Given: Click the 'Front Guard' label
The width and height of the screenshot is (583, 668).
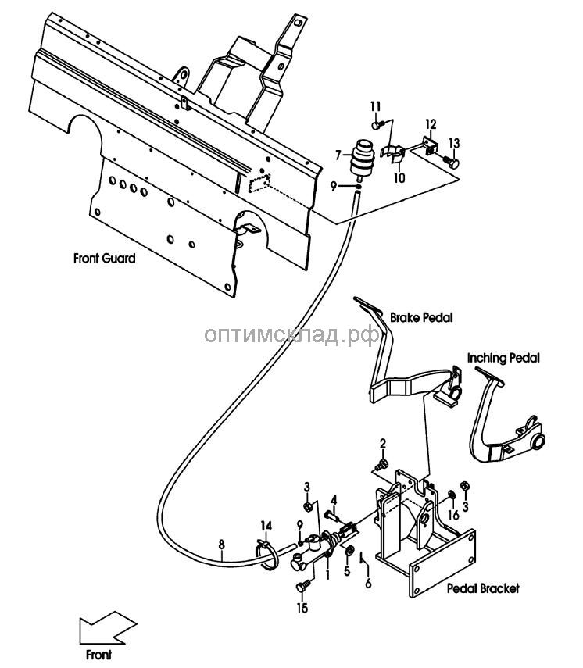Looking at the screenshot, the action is pos(105,258).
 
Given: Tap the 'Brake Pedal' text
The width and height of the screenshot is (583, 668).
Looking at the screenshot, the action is pos(421,317).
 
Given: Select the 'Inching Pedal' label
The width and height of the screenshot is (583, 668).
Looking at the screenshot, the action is pos(503,358).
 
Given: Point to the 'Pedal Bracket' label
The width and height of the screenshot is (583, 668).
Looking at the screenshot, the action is pos(483,588).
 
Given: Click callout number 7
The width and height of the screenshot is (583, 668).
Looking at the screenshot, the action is pos(338,155).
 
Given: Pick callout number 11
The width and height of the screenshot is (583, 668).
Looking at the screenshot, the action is pos(375,106).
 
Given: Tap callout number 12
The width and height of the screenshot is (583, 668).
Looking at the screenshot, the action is pos(431,124).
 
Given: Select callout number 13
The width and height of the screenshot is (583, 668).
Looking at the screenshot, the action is pos(454,143).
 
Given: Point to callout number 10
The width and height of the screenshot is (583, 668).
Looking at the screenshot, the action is pos(399,177).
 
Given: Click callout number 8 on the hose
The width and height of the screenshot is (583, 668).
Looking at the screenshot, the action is pos(221,545).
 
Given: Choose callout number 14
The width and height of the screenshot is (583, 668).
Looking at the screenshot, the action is pos(266,526).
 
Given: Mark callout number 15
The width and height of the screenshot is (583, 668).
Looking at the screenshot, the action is pos(302,608).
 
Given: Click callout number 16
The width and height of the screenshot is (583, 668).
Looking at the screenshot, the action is pos(453,515).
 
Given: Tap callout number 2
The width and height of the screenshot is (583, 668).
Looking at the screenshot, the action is pos(383,444).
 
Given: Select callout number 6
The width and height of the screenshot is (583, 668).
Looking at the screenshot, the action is pos(368,583).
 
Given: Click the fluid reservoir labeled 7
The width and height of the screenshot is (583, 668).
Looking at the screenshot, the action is pos(362,158).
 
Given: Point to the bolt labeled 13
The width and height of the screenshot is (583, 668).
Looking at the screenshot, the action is pos(450,162).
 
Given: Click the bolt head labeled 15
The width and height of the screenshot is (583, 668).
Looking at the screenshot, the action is pos(301,587).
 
